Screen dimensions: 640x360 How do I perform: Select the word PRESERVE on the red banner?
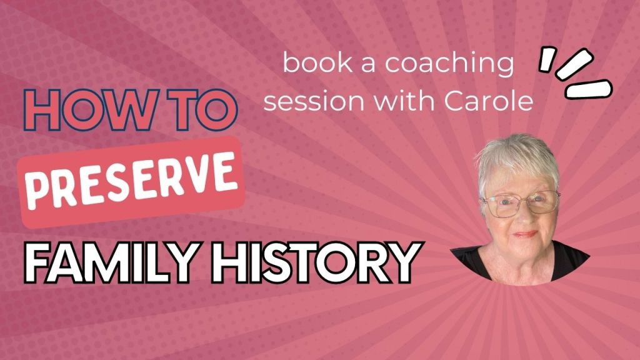131,180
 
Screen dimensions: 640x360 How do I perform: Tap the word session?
314,101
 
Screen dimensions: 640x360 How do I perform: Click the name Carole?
489,99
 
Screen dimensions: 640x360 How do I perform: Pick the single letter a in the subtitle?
368,65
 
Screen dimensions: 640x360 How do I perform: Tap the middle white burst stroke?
574,64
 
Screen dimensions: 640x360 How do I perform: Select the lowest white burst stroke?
589,89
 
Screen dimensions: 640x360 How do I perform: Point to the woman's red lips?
525,235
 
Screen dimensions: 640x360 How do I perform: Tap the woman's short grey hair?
516,159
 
